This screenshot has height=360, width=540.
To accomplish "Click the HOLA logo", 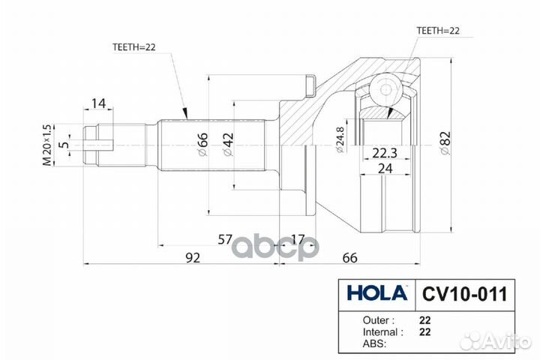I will point(376,291).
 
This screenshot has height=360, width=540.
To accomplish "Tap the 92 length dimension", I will point(193,258).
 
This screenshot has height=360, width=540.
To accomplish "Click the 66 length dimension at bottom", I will point(349,258).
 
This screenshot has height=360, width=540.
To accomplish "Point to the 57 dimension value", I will point(224,239).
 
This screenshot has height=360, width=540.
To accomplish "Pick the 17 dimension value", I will point(298,239).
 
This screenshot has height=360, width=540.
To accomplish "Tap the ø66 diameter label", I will point(201,143).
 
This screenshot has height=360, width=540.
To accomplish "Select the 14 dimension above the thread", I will point(98,103).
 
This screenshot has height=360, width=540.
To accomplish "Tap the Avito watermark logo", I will point(495,341).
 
